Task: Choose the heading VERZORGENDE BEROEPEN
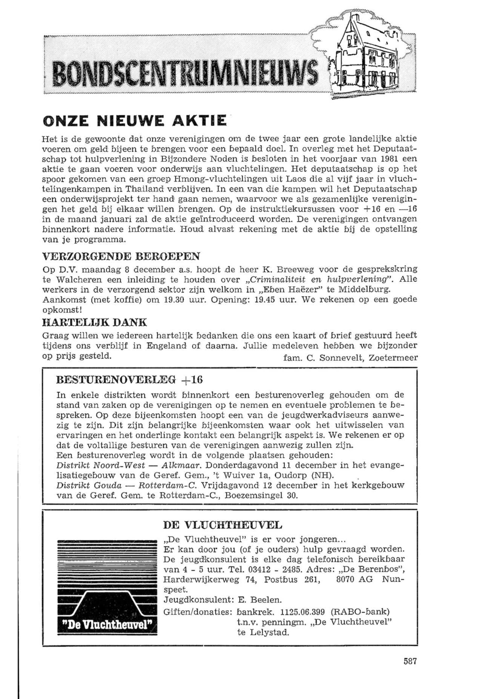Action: coord(121,257)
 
